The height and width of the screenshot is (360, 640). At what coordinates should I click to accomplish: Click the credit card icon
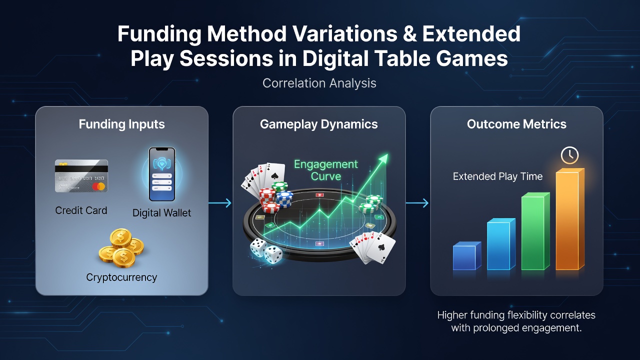tap(81, 175)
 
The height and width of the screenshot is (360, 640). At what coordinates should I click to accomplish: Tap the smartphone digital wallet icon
tap(162, 174)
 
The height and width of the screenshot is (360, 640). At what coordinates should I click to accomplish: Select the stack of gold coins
tap(121, 248)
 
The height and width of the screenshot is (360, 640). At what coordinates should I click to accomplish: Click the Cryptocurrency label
tap(121, 277)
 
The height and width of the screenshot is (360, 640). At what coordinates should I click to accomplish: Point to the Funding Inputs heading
tap(121, 124)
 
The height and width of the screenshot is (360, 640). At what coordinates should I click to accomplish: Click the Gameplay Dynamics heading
tap(319, 124)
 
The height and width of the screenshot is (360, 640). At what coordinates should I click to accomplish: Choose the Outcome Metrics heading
tap(516, 124)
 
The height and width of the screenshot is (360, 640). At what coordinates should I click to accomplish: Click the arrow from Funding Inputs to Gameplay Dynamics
tap(219, 203)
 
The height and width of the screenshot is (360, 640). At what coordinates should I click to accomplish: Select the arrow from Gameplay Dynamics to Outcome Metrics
tap(417, 203)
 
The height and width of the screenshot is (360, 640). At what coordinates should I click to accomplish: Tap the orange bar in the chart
tap(569, 219)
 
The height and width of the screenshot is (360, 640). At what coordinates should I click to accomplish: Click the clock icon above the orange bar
tap(569, 155)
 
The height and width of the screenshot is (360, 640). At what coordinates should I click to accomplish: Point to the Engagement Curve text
tap(326, 170)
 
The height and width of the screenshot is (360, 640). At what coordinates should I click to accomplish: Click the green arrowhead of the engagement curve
tap(383, 159)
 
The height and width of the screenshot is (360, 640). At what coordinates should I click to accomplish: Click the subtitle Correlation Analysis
tap(319, 83)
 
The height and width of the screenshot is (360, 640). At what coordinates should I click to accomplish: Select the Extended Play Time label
tap(497, 176)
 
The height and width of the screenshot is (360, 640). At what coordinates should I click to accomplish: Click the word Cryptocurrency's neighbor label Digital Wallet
tap(161, 213)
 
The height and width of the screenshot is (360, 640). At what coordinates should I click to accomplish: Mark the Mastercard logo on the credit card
tap(98, 186)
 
